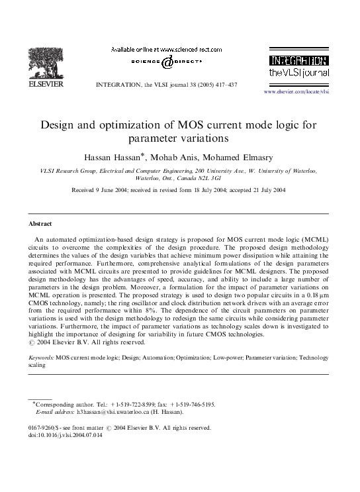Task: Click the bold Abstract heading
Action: point(40,224)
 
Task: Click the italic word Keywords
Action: point(42,358)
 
